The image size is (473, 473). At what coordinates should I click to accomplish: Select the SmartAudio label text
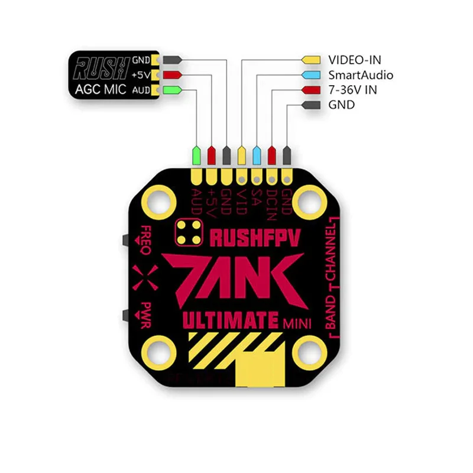(x=361, y=75)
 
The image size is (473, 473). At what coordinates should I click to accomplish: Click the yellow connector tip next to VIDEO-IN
(x=310, y=60)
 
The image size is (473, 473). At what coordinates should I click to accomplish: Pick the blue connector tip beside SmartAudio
(x=310, y=75)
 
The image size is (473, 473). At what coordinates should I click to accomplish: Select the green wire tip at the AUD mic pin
(x=171, y=90)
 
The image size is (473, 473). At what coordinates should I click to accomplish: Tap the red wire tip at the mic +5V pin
(x=171, y=75)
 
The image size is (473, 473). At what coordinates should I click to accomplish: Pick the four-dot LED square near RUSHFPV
(x=190, y=232)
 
